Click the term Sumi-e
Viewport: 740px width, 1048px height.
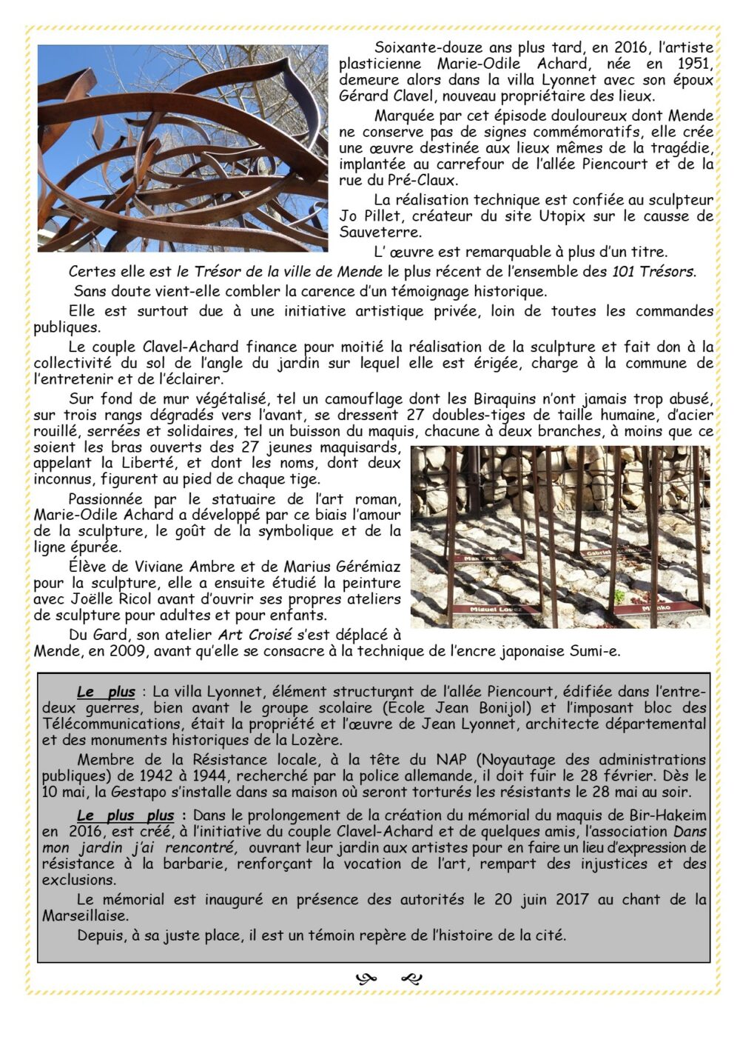(x=596, y=652)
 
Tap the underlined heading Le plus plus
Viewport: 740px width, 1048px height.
(x=126, y=816)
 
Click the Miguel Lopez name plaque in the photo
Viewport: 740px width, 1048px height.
(x=494, y=609)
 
